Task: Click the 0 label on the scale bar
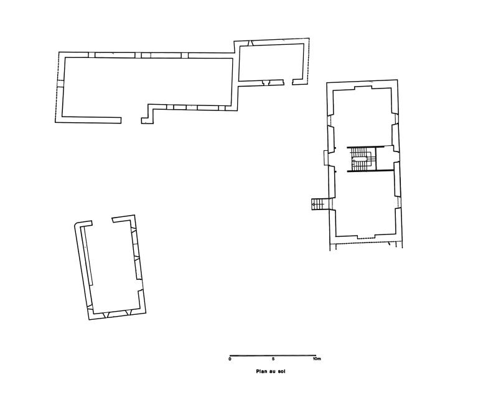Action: point(230,359)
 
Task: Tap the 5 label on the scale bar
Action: point(273,359)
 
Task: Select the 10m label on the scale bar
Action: point(317,359)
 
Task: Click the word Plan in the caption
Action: point(262,372)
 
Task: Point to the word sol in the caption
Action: point(281,372)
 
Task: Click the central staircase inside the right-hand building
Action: point(362,160)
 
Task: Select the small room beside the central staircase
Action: point(383,158)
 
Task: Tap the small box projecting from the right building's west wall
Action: point(326,158)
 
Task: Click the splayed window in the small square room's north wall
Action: point(250,44)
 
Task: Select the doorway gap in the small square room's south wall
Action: point(288,82)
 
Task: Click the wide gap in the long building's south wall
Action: point(131,120)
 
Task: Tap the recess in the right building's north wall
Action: point(363,88)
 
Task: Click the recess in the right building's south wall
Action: point(366,237)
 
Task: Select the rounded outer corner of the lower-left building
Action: point(76,224)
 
